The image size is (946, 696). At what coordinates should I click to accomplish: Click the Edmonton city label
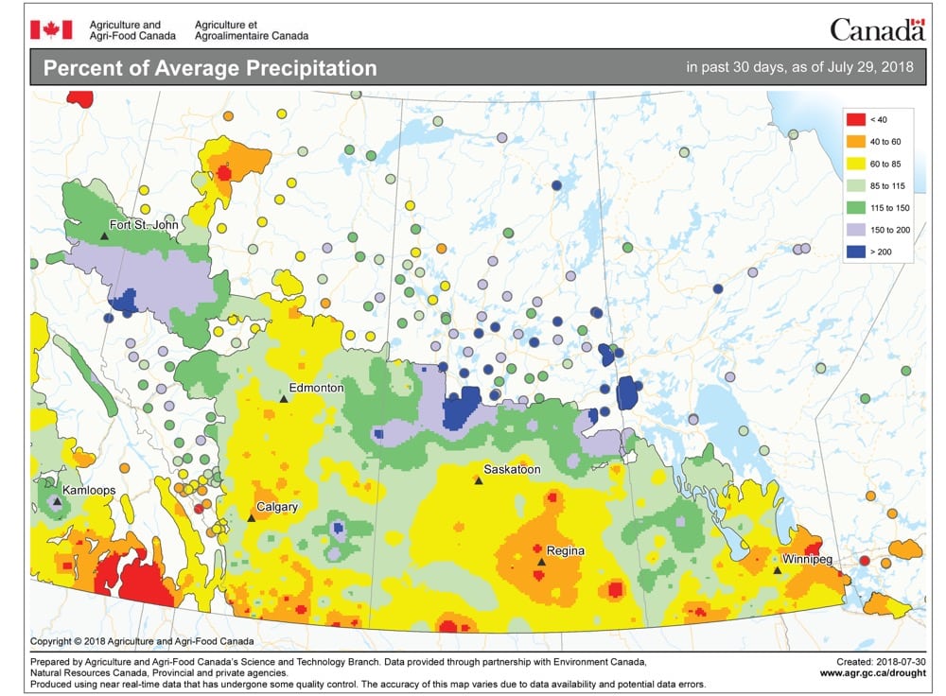tap(317, 388)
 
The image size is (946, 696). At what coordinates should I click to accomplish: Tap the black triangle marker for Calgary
tap(251, 517)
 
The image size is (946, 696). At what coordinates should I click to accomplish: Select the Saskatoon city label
tap(511, 469)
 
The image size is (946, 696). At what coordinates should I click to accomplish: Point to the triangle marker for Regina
tap(541, 562)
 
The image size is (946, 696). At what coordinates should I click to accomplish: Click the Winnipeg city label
tap(806, 560)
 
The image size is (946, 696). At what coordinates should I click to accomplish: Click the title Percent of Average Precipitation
tap(210, 69)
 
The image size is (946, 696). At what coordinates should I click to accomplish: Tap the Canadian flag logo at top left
tap(50, 29)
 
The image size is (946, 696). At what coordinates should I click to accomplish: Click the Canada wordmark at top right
tap(877, 29)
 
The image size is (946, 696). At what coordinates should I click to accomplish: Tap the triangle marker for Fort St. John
tap(104, 235)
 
